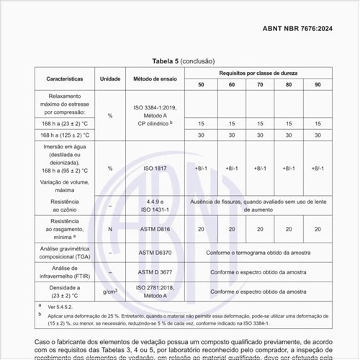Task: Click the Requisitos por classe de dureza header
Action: point(259,73)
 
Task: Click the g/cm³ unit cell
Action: point(109,292)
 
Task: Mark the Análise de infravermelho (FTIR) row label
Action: point(65,272)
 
